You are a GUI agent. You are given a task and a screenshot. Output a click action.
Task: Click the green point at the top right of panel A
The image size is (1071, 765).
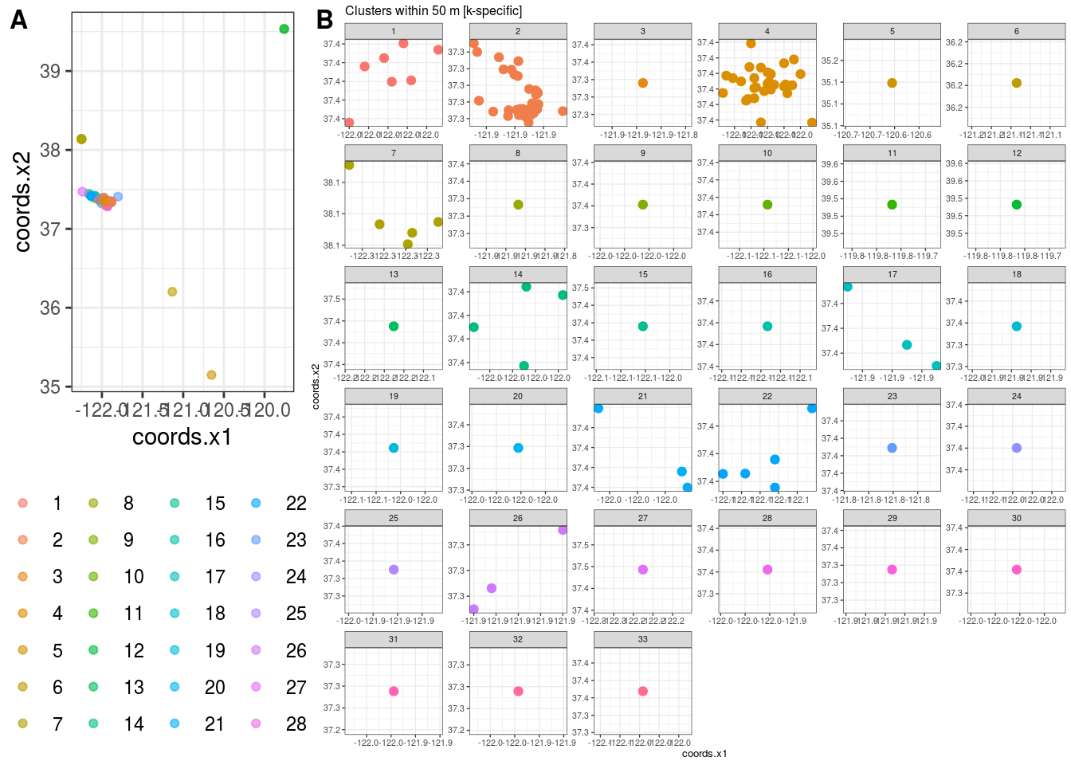coord(284,29)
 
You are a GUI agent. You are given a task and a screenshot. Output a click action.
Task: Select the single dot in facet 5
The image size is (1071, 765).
coord(892,84)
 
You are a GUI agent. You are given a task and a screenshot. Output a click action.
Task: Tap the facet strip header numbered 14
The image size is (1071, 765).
coord(518,274)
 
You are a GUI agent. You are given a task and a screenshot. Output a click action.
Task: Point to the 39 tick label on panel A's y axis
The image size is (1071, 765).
coord(50,72)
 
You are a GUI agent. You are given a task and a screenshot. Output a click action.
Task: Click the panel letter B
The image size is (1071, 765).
coord(324,20)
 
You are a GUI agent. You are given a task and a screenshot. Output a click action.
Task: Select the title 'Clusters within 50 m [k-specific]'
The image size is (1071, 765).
coord(433,11)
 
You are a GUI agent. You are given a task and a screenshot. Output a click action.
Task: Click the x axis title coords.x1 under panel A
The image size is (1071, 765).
coord(182,437)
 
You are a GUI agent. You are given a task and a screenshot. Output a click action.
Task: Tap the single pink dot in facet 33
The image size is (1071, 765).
coord(643,692)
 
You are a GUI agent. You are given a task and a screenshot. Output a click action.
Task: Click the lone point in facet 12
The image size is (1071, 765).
coord(1016,205)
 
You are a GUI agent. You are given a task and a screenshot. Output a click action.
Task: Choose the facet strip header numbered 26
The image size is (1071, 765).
coord(518,518)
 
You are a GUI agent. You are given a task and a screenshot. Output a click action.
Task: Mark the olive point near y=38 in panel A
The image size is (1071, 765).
coord(81,139)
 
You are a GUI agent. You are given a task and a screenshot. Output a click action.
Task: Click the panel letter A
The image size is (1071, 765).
coord(18,20)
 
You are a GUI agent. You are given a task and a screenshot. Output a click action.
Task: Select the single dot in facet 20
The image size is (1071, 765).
coord(518,448)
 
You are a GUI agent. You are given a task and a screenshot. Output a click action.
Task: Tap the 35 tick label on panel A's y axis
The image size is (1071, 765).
coord(50,387)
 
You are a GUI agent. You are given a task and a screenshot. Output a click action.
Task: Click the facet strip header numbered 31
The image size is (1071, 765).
coord(394,639)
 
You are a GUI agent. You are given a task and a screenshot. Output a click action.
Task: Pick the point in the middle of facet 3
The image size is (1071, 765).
coord(643,84)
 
